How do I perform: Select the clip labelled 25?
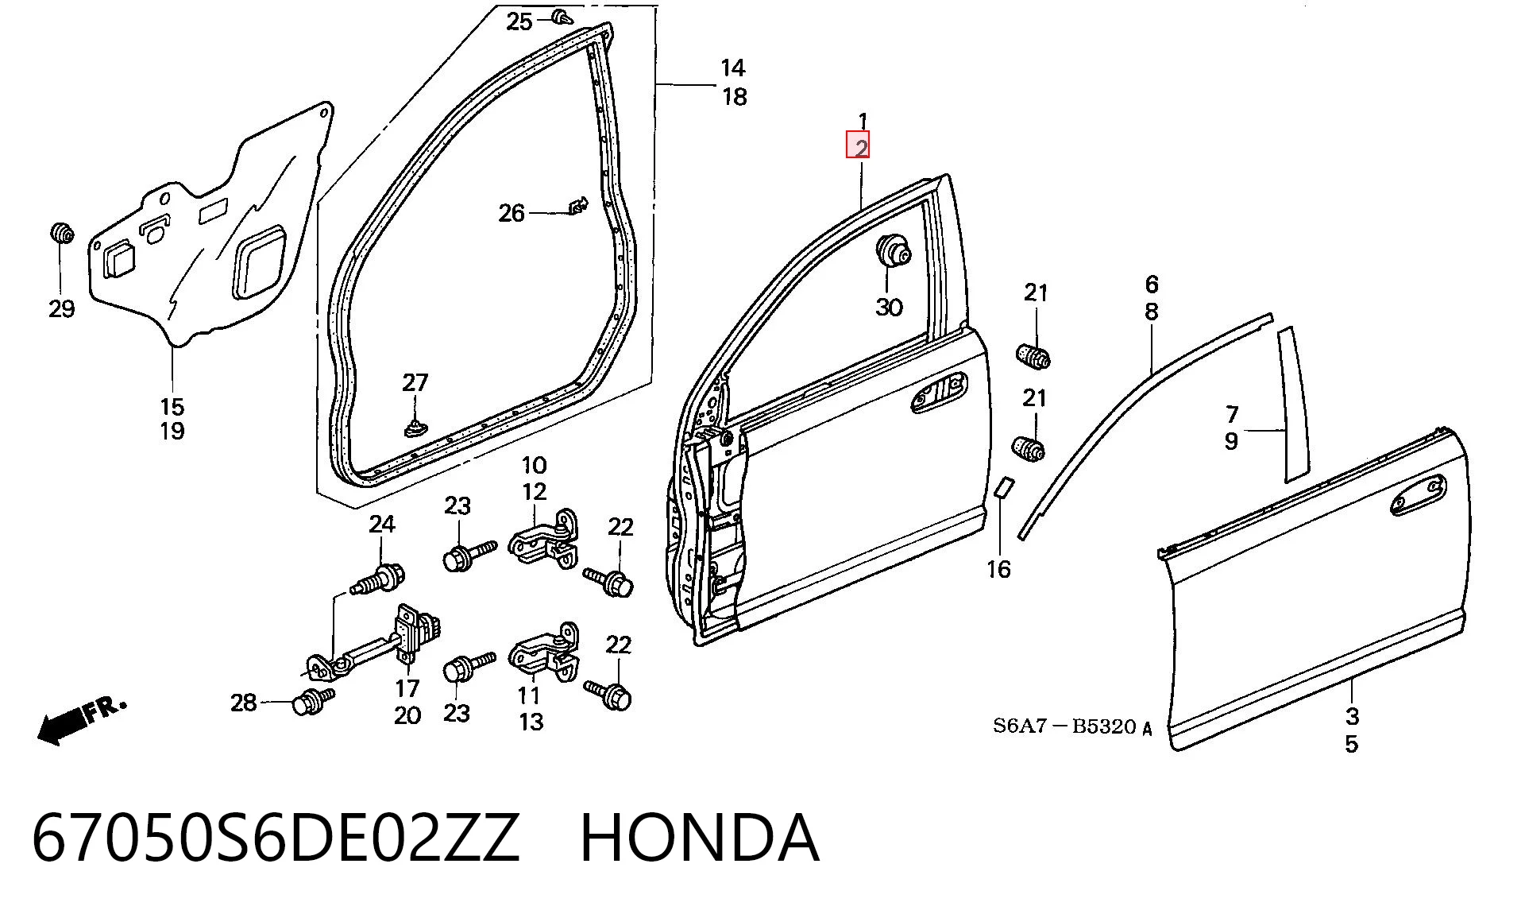coord(562,17)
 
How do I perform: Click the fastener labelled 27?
coord(415,428)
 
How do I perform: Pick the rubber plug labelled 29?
coord(62,233)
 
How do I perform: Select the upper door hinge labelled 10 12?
coord(543,538)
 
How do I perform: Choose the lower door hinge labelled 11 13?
coord(545,653)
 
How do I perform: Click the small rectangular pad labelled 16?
coord(1004,486)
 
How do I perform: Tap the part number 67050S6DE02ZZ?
coord(275,838)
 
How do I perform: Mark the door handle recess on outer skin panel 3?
coord(1418,496)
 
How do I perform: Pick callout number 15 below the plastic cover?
coord(172,407)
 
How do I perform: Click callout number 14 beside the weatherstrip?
coord(732,68)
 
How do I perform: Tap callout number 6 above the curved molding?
coord(1151,285)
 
